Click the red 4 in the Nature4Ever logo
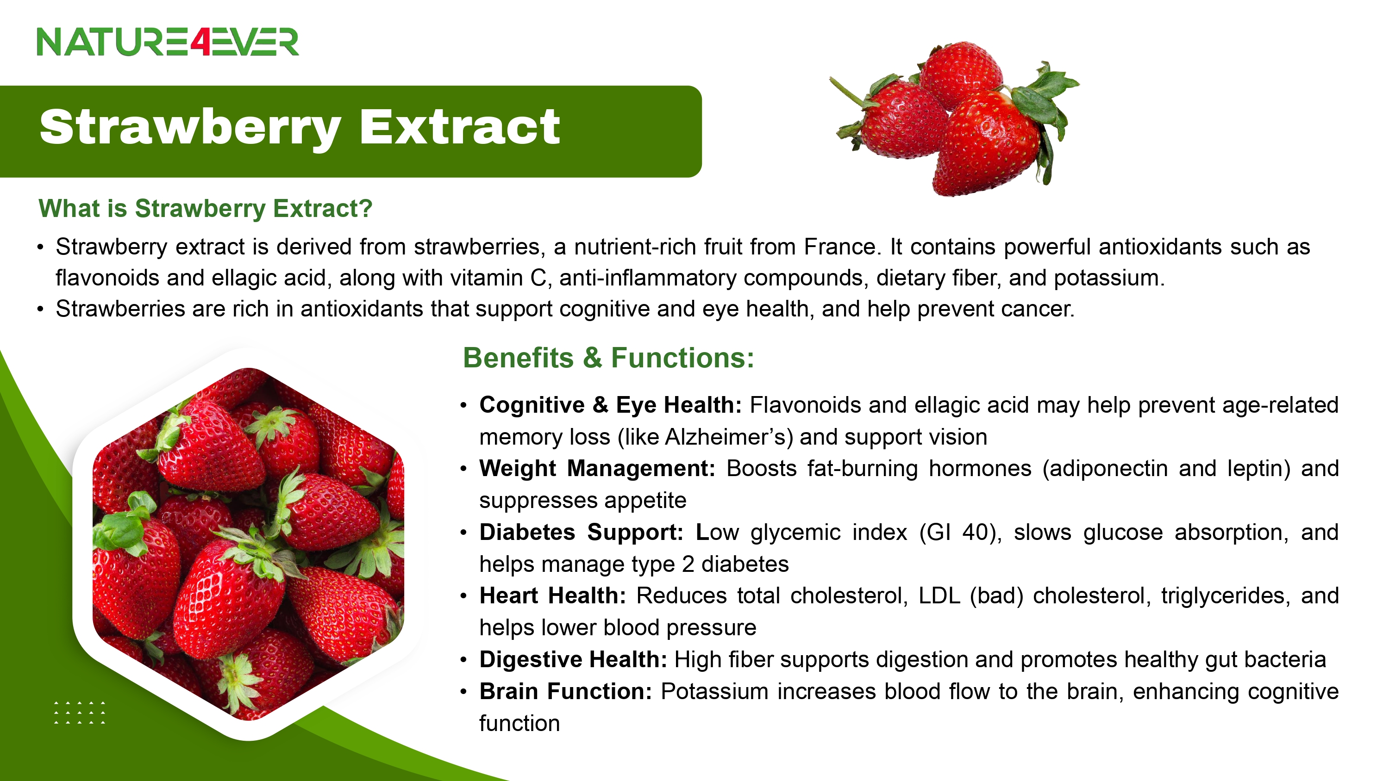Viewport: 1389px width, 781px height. [200, 42]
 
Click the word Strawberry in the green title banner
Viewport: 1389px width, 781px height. [190, 128]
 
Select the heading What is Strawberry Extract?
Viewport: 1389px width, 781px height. [206, 208]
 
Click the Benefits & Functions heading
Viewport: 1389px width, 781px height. [609, 358]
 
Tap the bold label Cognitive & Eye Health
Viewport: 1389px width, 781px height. [611, 405]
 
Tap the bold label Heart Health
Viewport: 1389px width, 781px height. [553, 596]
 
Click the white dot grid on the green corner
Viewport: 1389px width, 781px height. [80, 713]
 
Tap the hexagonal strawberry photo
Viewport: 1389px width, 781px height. [248, 543]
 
